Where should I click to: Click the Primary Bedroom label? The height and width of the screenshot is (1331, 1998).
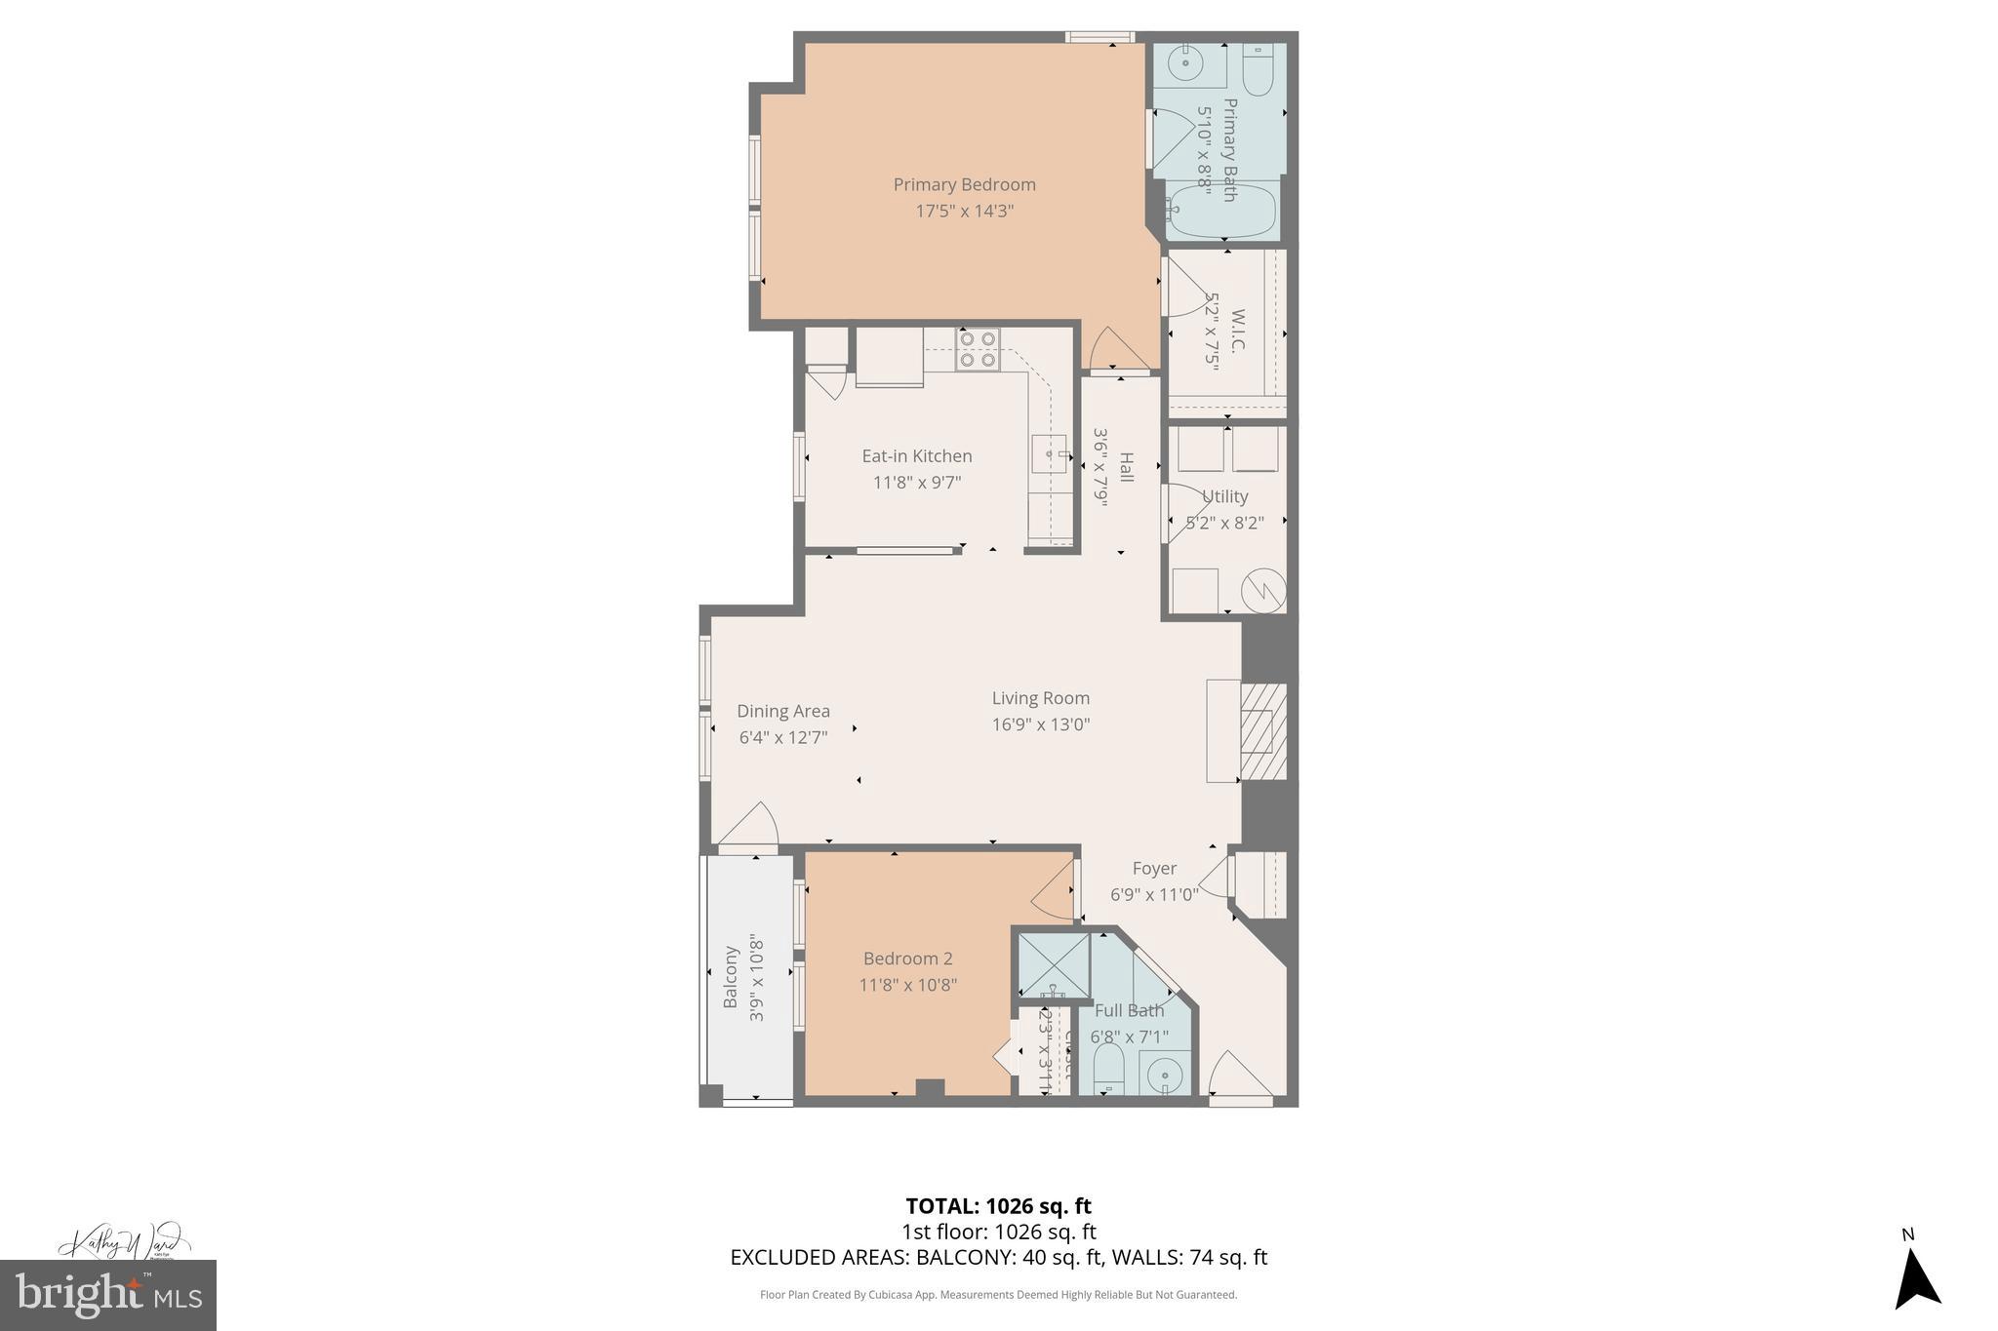964,184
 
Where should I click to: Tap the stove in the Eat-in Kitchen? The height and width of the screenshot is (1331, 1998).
977,349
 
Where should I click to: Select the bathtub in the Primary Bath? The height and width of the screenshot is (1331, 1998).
1223,212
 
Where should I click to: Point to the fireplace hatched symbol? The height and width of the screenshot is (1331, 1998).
1263,730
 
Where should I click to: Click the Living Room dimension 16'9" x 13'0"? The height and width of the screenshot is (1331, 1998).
1040,724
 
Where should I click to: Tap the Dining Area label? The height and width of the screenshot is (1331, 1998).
782,711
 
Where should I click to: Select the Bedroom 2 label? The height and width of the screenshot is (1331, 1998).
907,959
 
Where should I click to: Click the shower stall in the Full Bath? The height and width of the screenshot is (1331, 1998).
1053,964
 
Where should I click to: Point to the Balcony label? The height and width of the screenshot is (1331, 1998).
730,977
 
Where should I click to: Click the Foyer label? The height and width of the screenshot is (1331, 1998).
1154,868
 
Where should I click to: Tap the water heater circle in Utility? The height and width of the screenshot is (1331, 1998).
1262,590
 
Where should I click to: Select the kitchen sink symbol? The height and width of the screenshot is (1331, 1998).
1049,453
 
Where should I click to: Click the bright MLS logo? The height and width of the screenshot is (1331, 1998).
107,1295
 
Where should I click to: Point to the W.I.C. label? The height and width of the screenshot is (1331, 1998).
1237,332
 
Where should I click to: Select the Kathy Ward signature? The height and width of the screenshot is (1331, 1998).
122,1242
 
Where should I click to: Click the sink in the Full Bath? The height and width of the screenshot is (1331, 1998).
1165,1076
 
